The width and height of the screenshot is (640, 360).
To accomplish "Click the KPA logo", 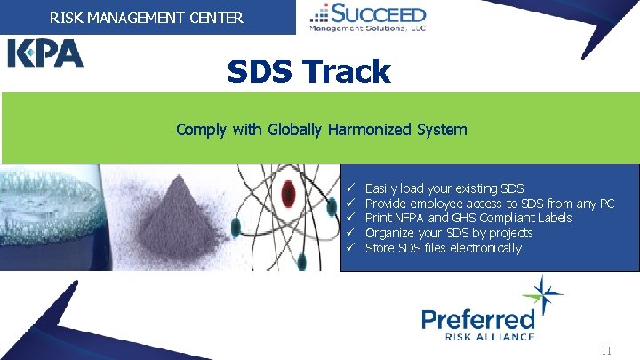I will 46,53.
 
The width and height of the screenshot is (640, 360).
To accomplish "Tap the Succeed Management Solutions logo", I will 367,17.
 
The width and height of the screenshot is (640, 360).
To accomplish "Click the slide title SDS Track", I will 308,71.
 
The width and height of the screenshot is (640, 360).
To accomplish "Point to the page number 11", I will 606,350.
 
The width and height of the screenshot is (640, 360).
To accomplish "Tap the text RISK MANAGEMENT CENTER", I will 147,16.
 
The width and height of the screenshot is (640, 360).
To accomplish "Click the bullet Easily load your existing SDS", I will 444,188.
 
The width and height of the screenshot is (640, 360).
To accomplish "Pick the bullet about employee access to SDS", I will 490,204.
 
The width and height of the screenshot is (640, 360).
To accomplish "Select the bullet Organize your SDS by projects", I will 449,233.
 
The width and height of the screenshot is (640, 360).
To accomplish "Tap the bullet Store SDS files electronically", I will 444,248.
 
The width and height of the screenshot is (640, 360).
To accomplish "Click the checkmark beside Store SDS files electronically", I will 352,248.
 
